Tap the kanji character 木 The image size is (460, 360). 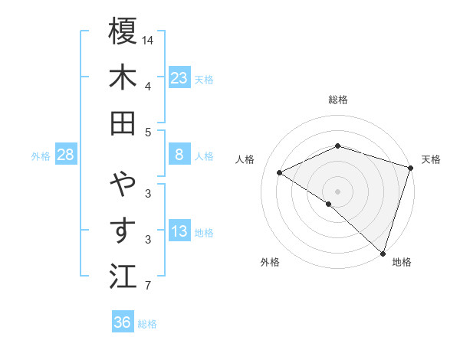coord(123,77)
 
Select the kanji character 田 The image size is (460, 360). coord(123,123)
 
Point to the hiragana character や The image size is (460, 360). coord(123,184)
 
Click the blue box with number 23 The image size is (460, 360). coord(179,77)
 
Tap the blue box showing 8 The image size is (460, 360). coord(179,155)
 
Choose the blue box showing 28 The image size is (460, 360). coord(66,155)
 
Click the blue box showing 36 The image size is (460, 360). coord(122,322)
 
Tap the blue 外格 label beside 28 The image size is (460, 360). coord(41,156)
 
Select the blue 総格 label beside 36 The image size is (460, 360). coord(147,324)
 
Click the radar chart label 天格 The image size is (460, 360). coord(431,159)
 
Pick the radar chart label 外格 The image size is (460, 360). coord(270,262)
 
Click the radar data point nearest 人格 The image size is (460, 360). coord(280,172)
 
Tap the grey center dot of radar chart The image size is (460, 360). coord(337,190)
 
